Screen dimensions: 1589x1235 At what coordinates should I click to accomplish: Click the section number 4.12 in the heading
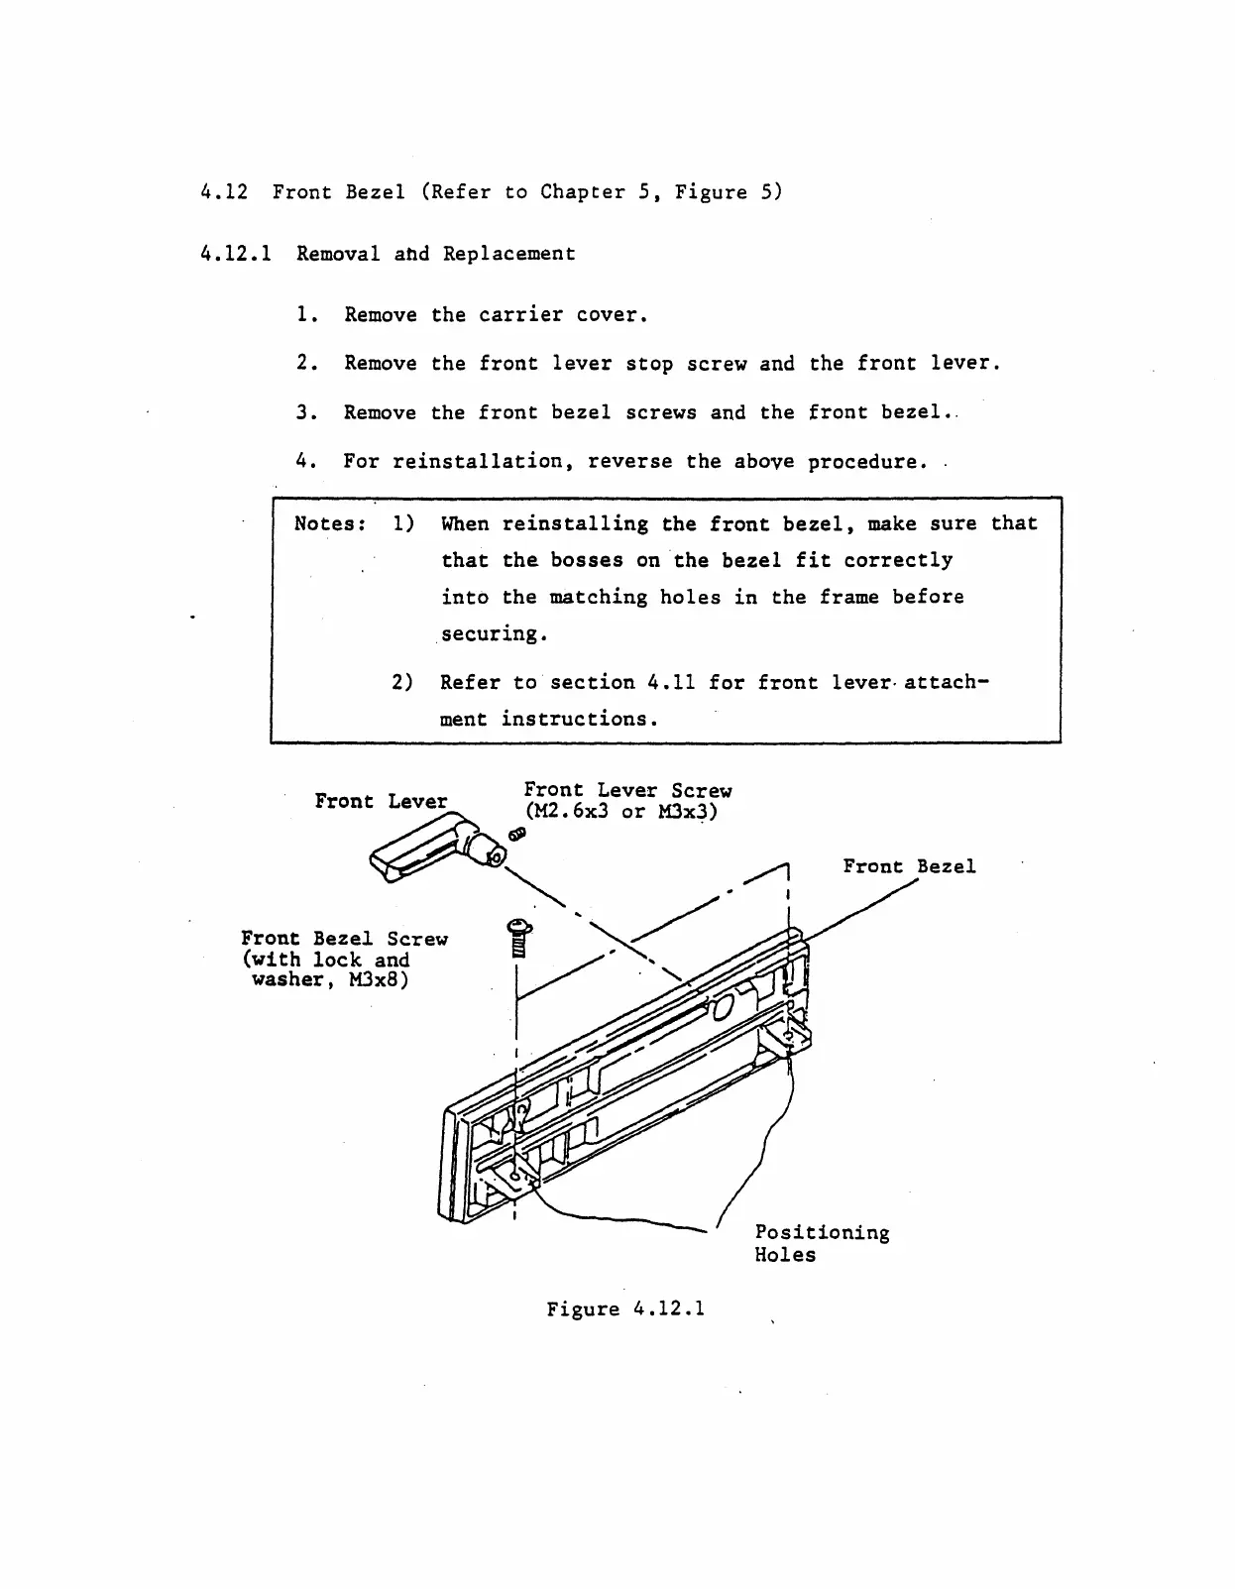coord(223,192)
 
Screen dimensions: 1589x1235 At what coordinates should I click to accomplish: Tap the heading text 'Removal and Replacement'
coord(435,254)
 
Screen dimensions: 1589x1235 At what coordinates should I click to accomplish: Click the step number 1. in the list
coord(306,315)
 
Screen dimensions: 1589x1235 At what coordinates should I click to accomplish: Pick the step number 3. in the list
coord(306,412)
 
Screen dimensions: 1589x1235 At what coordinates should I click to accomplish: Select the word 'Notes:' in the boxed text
coord(330,523)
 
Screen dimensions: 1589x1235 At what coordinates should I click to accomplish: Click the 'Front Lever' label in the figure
coord(381,801)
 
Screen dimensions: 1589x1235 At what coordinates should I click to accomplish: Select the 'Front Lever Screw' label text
coord(627,790)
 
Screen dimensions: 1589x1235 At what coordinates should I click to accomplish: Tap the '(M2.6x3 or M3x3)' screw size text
coord(620,812)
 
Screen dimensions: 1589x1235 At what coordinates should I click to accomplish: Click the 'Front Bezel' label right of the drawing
coord(909,866)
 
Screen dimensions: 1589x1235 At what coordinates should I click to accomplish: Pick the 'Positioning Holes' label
coord(822,1243)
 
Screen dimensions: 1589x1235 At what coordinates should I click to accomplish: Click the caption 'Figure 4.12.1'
coord(625,1309)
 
